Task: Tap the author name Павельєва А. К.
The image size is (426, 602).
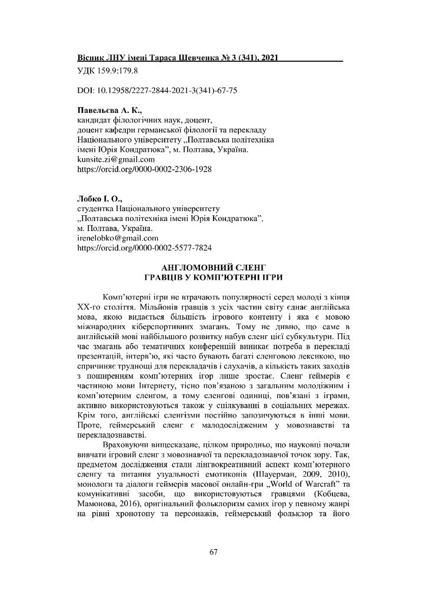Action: [x=110, y=111]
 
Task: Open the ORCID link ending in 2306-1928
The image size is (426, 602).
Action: [x=144, y=169]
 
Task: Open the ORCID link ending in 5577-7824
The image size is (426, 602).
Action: [x=145, y=248]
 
